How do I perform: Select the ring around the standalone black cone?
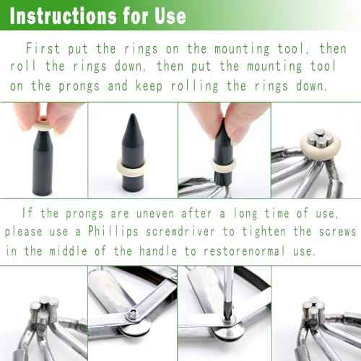pos(134,170)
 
